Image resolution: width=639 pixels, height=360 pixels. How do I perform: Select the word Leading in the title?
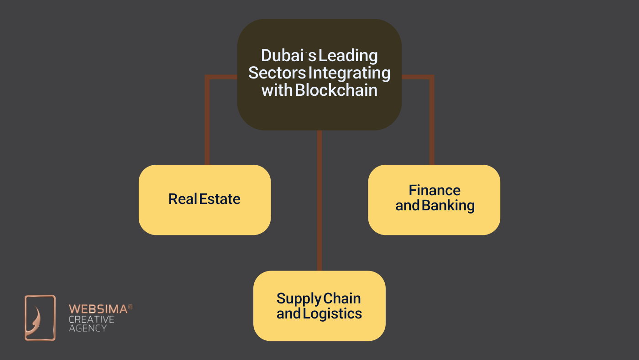coord(348,56)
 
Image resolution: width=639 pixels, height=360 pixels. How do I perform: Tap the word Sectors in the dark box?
coord(277,73)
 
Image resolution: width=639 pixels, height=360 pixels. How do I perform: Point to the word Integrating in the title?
coord(350,73)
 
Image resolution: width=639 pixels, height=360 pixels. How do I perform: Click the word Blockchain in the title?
coord(336,90)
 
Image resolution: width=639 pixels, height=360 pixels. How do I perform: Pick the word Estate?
coord(220,199)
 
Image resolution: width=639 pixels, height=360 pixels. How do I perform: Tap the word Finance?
coord(435,190)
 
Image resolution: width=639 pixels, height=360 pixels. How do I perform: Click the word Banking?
coord(448,205)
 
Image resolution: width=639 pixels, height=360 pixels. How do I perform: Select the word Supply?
coord(299,299)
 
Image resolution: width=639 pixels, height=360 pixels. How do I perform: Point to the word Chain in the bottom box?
coord(342,298)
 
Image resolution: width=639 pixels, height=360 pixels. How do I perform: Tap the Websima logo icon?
coord(40,318)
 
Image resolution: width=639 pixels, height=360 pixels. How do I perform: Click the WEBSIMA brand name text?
coord(98,309)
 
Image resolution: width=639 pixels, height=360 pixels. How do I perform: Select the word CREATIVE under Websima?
coord(91,319)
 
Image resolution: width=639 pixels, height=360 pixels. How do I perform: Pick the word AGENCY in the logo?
coord(88,328)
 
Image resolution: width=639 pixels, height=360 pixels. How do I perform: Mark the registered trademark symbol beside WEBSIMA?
coord(130,307)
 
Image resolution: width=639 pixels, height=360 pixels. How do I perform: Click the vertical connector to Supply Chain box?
coord(319,201)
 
